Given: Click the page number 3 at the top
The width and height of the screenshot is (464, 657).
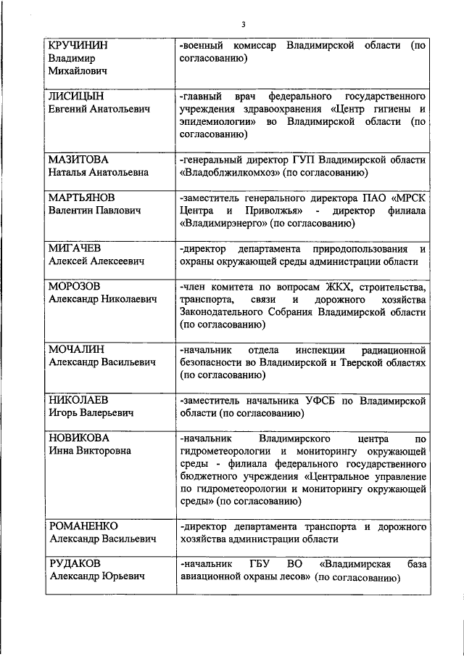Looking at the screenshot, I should click(x=244, y=25).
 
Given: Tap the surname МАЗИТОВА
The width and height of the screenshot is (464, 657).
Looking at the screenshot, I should click(x=78, y=159).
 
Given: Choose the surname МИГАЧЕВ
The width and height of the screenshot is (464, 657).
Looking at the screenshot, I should click(x=75, y=248).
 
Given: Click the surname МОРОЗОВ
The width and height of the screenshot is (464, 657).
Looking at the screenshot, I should click(x=75, y=287).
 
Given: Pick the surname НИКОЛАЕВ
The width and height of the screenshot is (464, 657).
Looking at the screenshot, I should click(x=78, y=400).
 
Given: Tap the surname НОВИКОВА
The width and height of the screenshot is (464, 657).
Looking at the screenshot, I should click(x=78, y=438).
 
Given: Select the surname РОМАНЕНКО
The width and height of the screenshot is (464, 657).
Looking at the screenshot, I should click(x=83, y=526).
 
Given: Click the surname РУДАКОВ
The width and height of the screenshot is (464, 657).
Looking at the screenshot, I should click(x=75, y=564).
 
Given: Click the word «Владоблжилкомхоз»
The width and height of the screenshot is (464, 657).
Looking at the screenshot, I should click(x=228, y=173).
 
